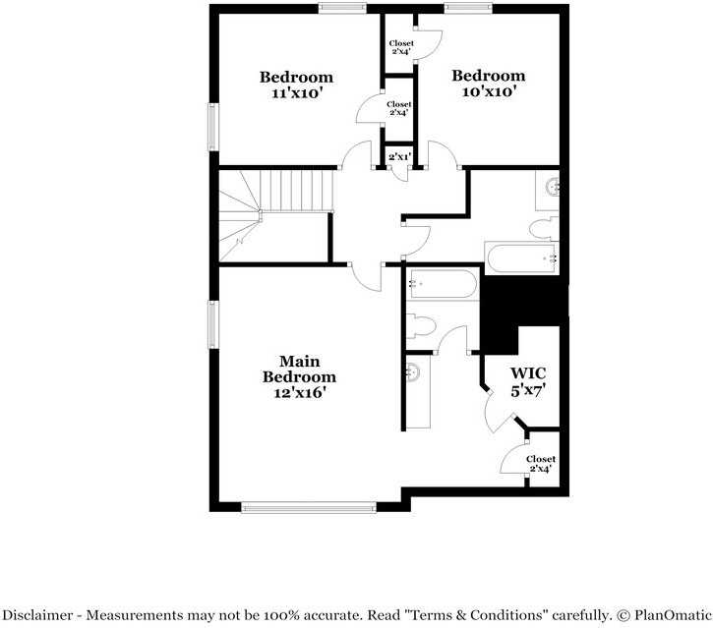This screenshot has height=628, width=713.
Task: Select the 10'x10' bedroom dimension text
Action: point(488,91)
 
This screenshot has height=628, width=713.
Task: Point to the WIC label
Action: point(527,373)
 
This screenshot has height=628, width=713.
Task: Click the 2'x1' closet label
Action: point(398,157)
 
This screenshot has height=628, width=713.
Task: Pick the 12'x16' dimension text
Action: point(299,392)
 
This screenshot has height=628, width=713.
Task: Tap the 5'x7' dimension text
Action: point(527,389)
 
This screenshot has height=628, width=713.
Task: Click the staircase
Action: point(273,215)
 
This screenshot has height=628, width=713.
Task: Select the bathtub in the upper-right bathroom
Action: point(521,258)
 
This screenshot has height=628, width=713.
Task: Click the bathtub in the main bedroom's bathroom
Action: point(442,285)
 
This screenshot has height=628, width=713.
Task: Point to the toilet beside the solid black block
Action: point(420,325)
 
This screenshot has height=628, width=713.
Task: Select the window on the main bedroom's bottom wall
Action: point(309,507)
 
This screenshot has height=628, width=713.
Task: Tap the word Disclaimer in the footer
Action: point(43,615)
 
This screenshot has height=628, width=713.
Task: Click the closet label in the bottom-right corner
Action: point(540,463)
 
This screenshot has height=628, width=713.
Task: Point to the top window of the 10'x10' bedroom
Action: point(468,9)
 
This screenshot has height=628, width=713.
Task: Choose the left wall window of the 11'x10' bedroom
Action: point(211,128)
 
